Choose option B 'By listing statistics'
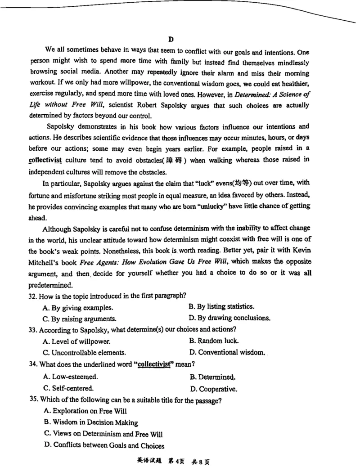(x=222, y=307)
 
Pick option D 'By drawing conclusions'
(x=229, y=319)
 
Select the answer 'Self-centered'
(x=68, y=388)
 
